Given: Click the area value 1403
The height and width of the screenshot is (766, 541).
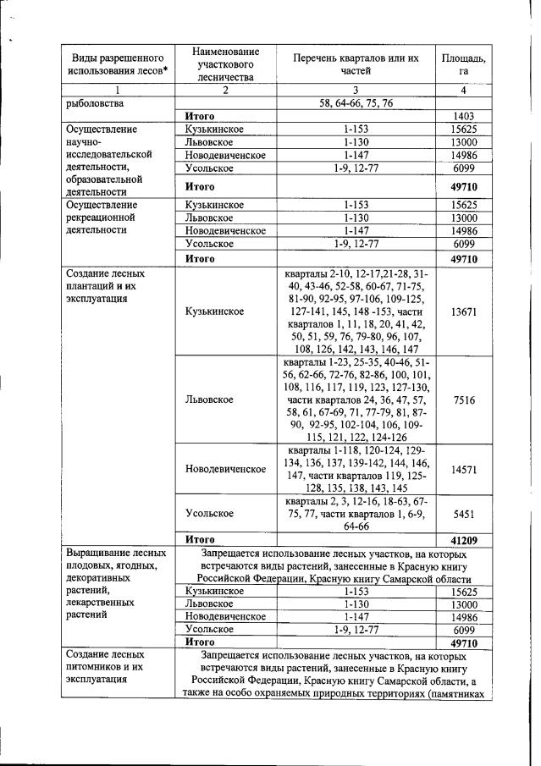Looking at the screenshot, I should (x=462, y=115).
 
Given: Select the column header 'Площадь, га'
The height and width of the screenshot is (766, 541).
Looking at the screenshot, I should (x=463, y=64).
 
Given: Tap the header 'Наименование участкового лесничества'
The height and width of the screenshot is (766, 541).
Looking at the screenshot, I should (x=224, y=64).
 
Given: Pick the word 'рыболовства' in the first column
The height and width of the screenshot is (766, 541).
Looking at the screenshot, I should (x=95, y=103).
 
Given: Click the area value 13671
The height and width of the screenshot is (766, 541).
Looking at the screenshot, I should (x=463, y=311).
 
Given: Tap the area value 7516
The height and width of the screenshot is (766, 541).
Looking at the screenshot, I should (x=463, y=399).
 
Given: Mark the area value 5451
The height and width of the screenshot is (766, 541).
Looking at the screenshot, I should (x=463, y=513).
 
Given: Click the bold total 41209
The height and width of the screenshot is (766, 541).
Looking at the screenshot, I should (x=463, y=538).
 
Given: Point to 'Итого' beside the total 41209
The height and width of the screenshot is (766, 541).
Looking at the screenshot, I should (x=200, y=538).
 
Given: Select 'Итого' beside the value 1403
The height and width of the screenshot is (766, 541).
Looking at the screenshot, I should (x=200, y=115).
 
